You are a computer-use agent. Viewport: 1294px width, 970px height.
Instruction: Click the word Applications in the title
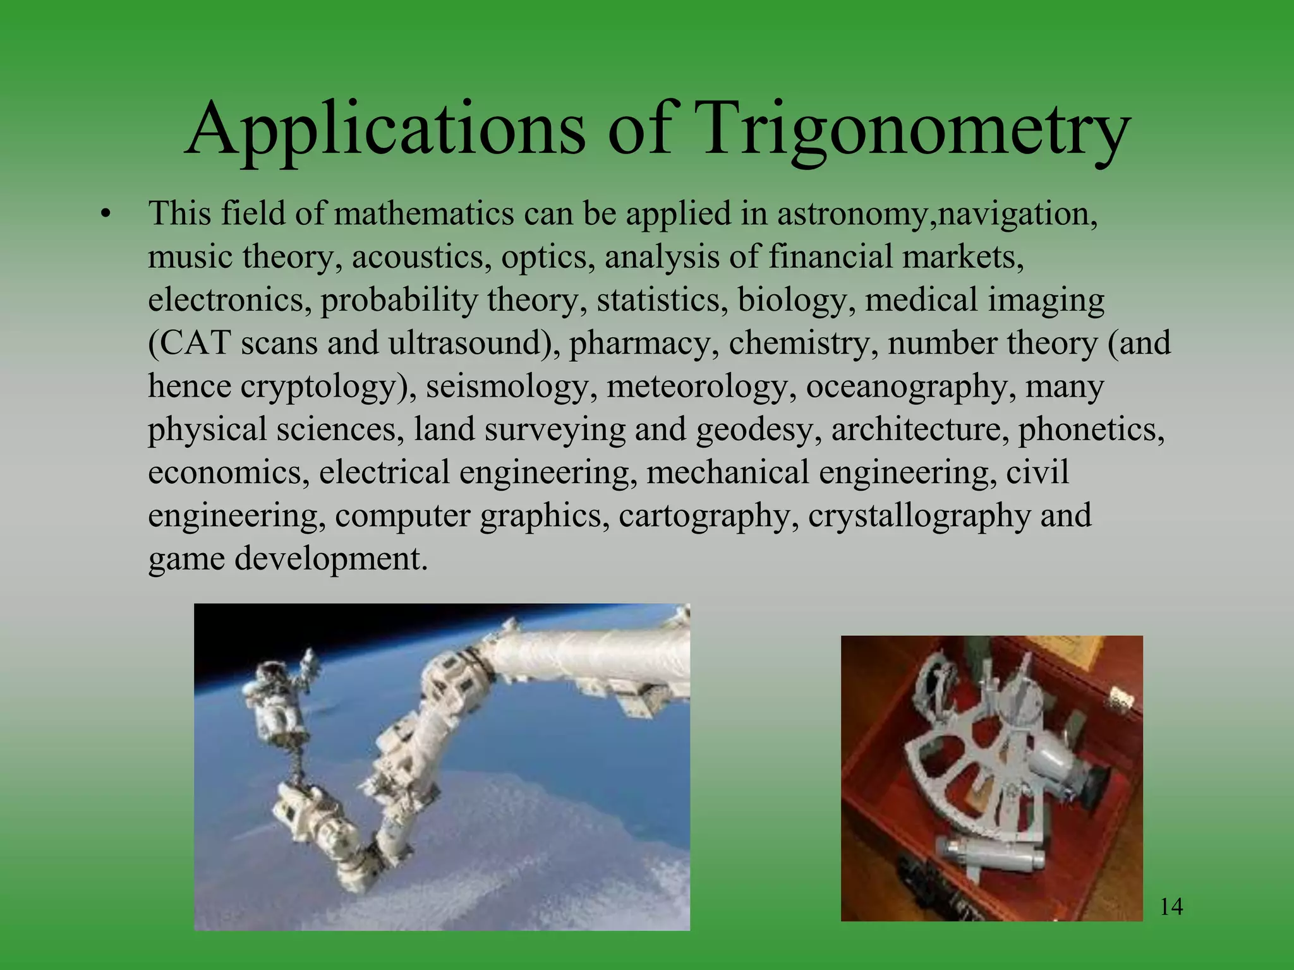(385, 129)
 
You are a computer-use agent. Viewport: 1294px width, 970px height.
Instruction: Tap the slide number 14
(1171, 907)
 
